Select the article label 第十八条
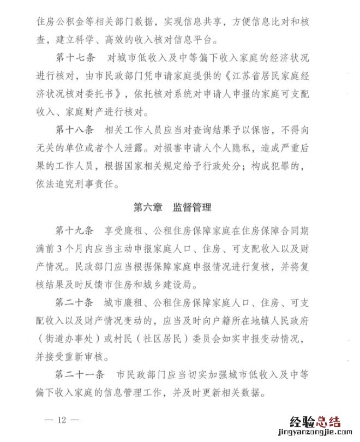click(x=75, y=131)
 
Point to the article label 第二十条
click(x=75, y=302)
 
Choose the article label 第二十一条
click(x=81, y=376)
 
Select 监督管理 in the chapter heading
click(x=193, y=207)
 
